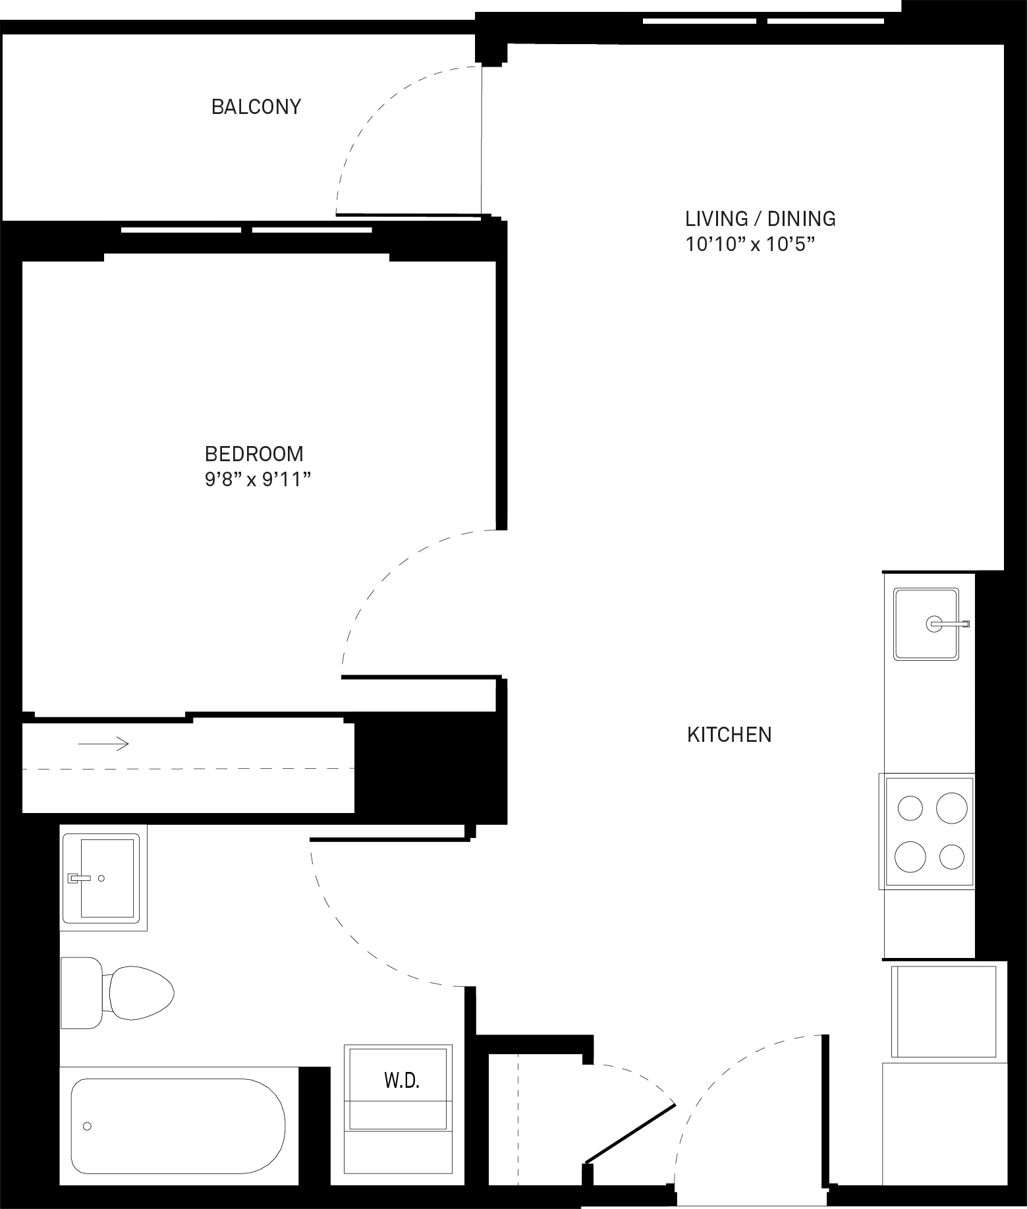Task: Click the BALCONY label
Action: [x=256, y=107]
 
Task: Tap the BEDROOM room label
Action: [x=254, y=454]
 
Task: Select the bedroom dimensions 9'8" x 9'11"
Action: [x=257, y=480]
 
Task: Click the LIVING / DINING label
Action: [x=760, y=219]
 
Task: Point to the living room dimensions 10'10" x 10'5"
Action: [x=750, y=245]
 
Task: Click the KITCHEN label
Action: [x=729, y=735]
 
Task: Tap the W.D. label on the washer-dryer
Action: [x=402, y=1081]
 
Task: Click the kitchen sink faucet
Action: [x=948, y=624]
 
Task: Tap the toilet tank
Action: [x=82, y=992]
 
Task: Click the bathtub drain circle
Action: [x=87, y=1126]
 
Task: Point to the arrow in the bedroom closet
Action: [x=103, y=744]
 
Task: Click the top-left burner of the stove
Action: [x=910, y=808]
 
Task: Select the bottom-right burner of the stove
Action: [x=953, y=857]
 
